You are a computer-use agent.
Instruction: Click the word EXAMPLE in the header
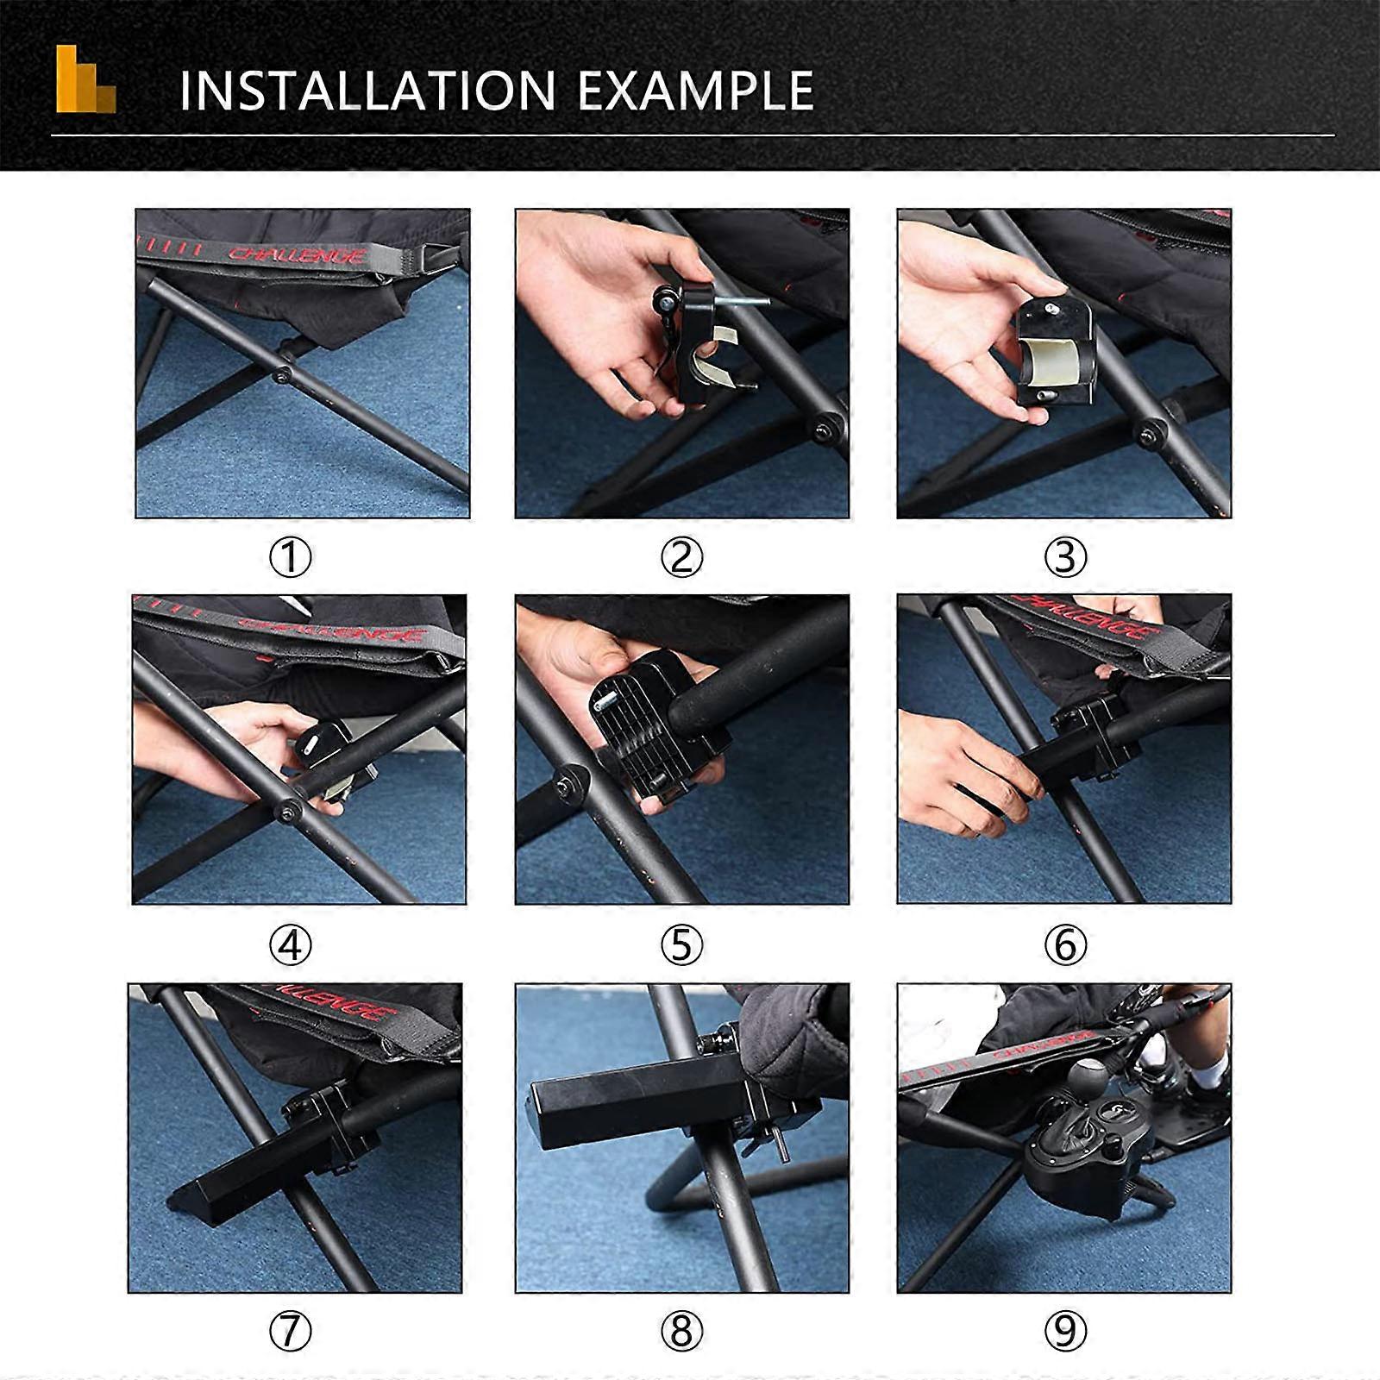[695, 91]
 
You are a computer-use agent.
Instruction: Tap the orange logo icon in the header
[85, 79]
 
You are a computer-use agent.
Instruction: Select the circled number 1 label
[291, 558]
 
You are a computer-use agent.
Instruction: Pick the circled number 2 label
[681, 558]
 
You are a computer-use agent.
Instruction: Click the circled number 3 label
[1064, 558]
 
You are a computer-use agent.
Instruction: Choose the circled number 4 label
[291, 946]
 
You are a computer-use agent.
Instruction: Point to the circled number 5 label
[681, 946]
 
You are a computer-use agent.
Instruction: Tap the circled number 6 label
[1064, 946]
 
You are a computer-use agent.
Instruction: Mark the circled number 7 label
[291, 1333]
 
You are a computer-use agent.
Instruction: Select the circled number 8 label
[681, 1333]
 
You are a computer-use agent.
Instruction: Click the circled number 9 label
[1064, 1333]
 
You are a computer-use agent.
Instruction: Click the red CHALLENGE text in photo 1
[297, 254]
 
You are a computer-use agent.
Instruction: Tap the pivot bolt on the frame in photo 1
[283, 375]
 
